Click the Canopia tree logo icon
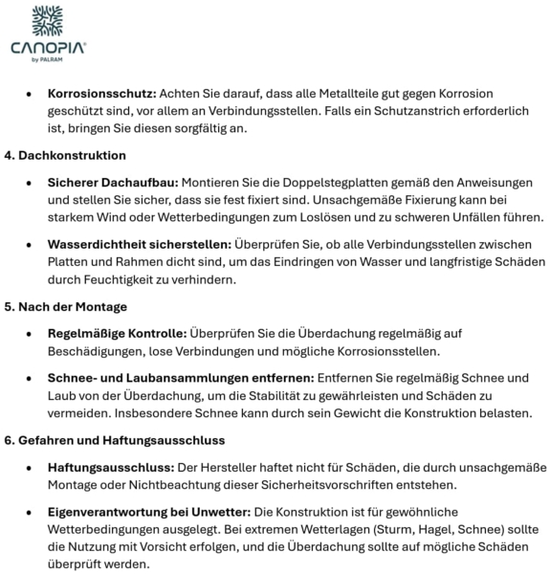click(49, 21)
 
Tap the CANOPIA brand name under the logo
click(48, 48)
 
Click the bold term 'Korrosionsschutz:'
click(101, 94)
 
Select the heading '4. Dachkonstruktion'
click(66, 155)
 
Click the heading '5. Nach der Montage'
click(66, 306)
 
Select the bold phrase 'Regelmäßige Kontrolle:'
click(117, 333)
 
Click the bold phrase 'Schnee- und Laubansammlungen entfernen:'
click(182, 378)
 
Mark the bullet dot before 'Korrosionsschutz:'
click(28, 95)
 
